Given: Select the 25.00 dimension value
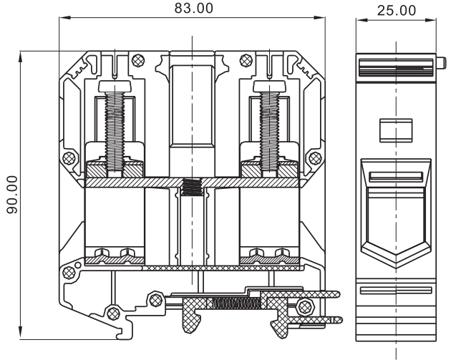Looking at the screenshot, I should click(396, 9).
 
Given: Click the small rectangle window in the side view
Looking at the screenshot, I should click(395, 130).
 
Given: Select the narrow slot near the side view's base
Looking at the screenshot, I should click(395, 291).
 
